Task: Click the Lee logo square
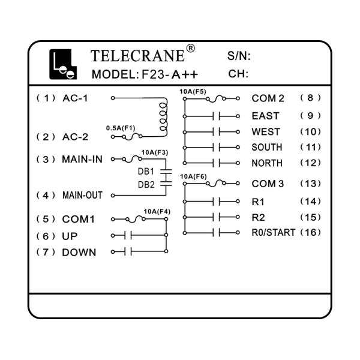[x=63, y=64]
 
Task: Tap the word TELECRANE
[x=137, y=56]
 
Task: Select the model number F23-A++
[x=169, y=74]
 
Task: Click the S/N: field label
[x=239, y=56]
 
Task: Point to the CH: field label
[x=238, y=74]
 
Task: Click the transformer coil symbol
[x=163, y=117]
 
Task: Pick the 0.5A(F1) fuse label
[x=121, y=128]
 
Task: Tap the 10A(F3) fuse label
[x=155, y=152]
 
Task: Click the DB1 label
[x=146, y=172]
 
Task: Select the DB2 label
[x=146, y=185]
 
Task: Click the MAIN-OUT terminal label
[x=82, y=196]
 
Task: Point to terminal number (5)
[x=46, y=219]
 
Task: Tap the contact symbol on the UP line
[x=128, y=235]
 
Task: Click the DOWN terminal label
[x=79, y=253]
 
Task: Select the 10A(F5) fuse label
[x=193, y=92]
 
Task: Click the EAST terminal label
[x=265, y=116]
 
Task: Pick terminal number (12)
[x=310, y=163]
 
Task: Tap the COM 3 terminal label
[x=268, y=184]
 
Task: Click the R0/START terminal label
[x=273, y=233]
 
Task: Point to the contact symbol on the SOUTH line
[x=216, y=148]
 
